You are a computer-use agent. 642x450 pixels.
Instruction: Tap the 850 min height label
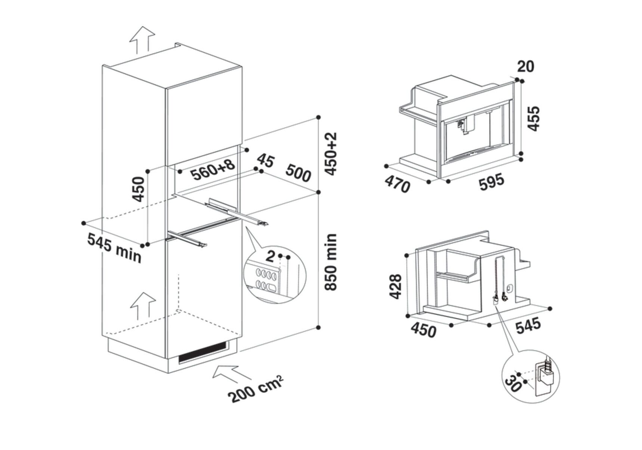(x=331, y=262)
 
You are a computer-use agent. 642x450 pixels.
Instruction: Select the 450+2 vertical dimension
(x=331, y=153)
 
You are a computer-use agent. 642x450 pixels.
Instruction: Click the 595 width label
(x=491, y=181)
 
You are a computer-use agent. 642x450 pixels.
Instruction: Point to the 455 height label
(x=534, y=119)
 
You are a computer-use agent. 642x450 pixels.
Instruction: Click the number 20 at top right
(x=525, y=66)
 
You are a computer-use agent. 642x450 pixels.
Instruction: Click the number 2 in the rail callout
(x=271, y=256)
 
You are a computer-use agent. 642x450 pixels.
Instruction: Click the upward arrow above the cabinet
(x=142, y=40)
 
